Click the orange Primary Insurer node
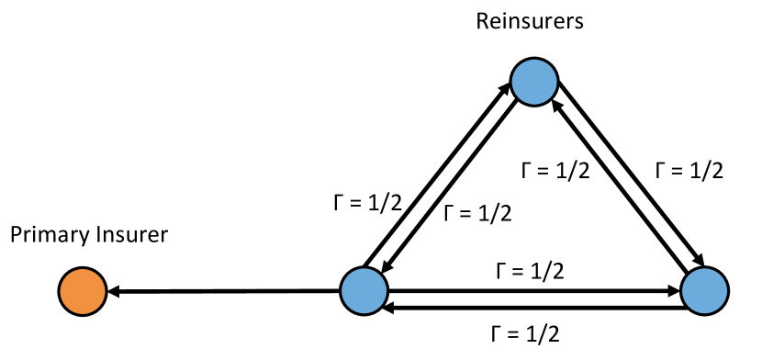[82, 292]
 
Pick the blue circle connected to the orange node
[364, 292]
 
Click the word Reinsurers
[529, 21]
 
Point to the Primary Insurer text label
[89, 235]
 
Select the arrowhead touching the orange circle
[114, 292]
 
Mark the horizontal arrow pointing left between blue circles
[532, 309]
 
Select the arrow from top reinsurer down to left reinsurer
[450, 188]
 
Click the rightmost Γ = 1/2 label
[687, 170]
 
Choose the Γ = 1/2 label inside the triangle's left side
[477, 213]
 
